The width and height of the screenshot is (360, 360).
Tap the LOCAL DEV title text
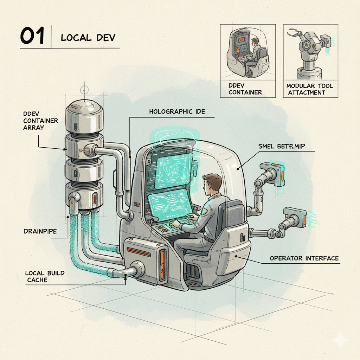tap(88, 38)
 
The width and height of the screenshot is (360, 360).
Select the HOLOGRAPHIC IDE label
tap(177, 112)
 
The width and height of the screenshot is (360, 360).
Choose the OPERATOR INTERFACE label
tap(304, 258)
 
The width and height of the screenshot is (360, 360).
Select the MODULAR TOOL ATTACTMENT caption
tap(309, 89)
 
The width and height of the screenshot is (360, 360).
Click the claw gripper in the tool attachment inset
tap(293, 34)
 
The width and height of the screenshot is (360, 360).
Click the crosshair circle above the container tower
tap(85, 90)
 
